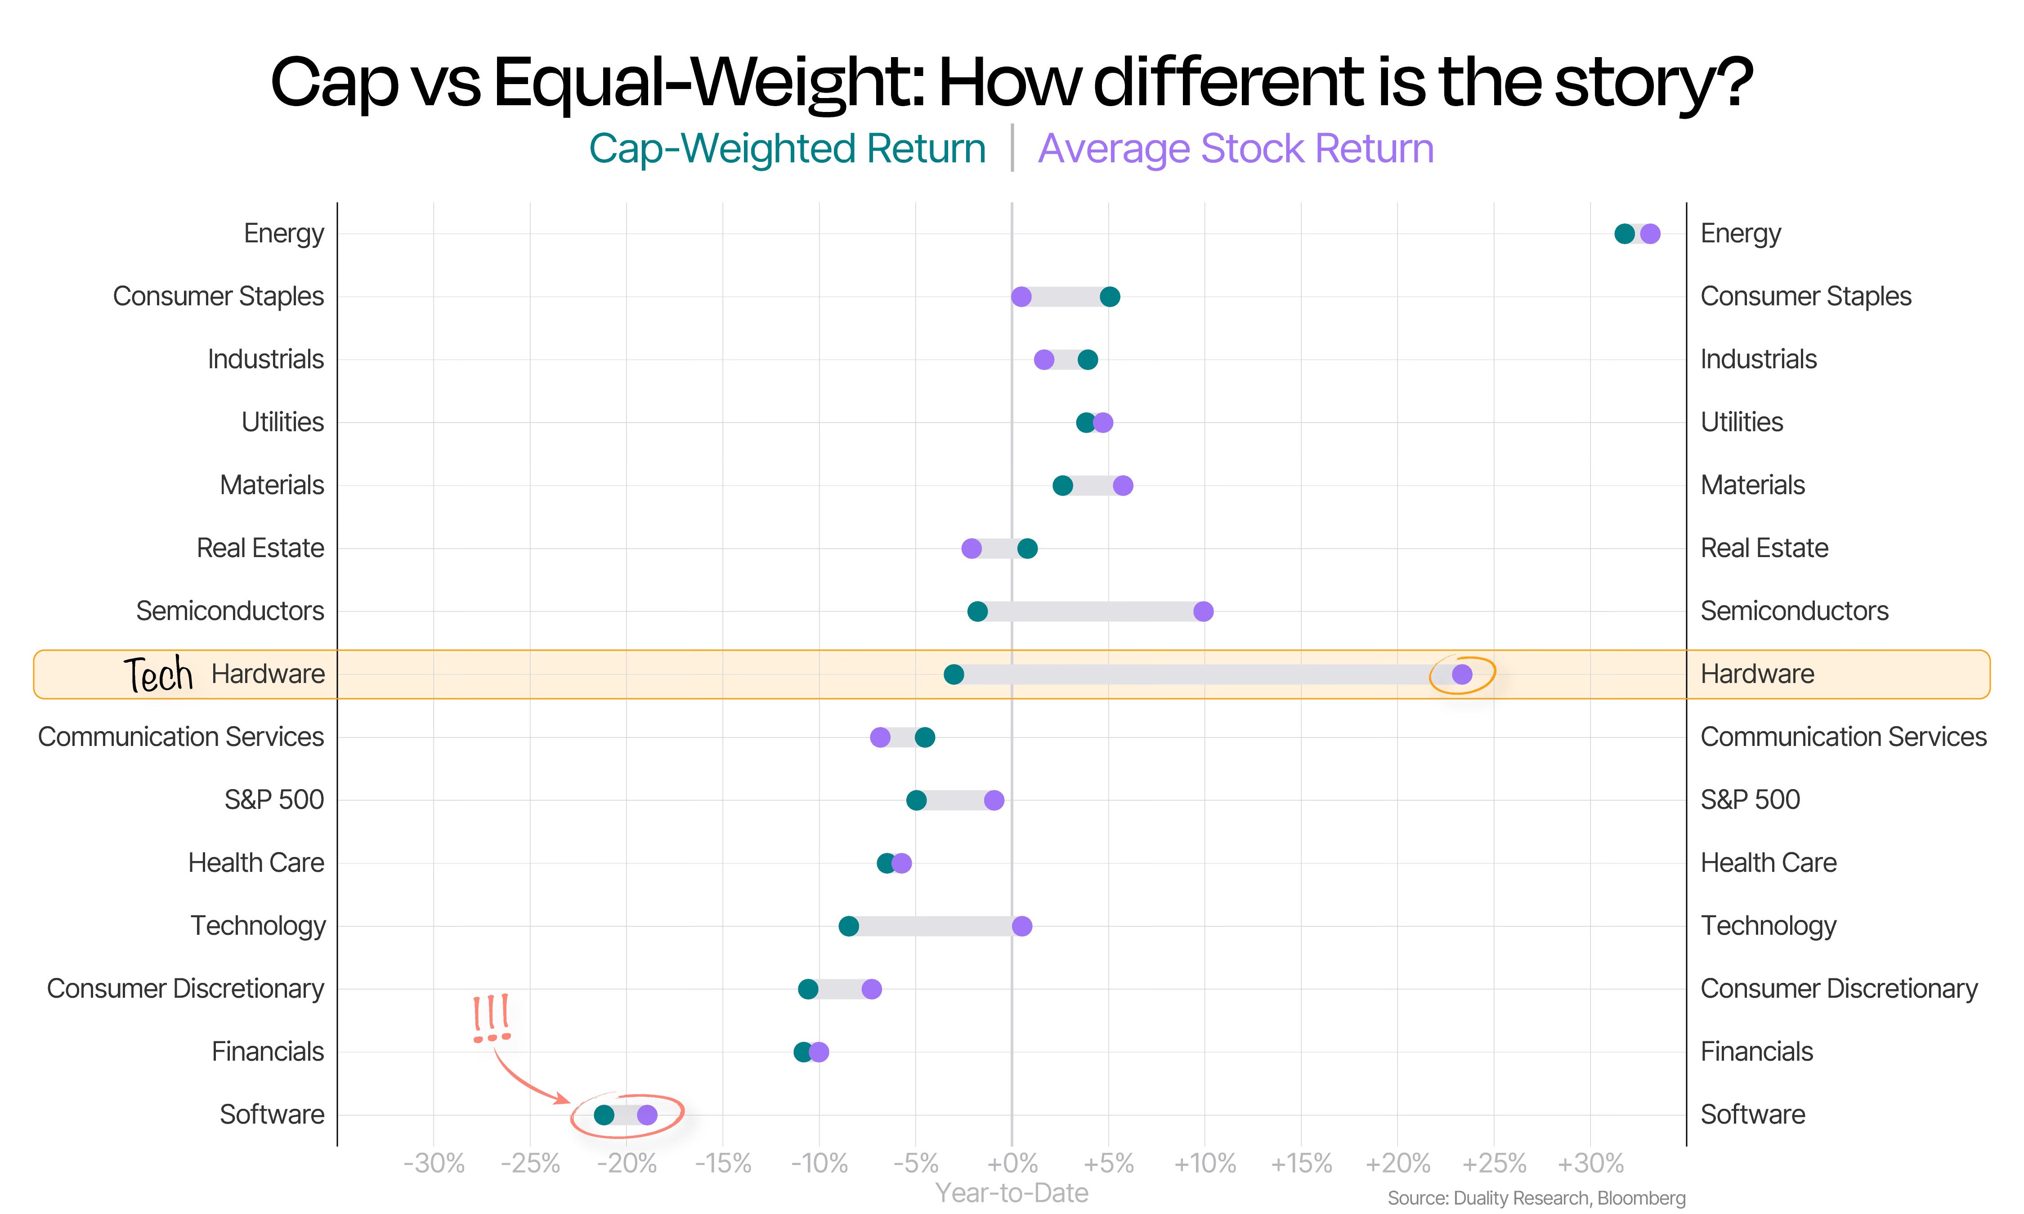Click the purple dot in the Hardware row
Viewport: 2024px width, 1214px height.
(1462, 674)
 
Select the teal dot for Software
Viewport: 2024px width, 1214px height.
(604, 1114)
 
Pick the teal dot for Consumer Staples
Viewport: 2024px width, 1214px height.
(1109, 296)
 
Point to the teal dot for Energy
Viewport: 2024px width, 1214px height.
(1624, 234)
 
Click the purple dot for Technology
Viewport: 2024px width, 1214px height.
(1022, 926)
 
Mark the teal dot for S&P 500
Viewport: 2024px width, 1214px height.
(916, 800)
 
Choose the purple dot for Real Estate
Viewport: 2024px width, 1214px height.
(971, 548)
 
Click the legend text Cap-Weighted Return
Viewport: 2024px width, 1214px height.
(787, 149)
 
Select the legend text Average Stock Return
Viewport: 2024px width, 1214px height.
(1236, 149)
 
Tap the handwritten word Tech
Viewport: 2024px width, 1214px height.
(158, 675)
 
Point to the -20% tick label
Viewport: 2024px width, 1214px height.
(627, 1162)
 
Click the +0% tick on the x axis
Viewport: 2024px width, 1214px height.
(1012, 1162)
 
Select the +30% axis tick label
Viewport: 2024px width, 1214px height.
(1590, 1162)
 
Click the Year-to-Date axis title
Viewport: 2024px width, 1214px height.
(1012, 1193)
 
